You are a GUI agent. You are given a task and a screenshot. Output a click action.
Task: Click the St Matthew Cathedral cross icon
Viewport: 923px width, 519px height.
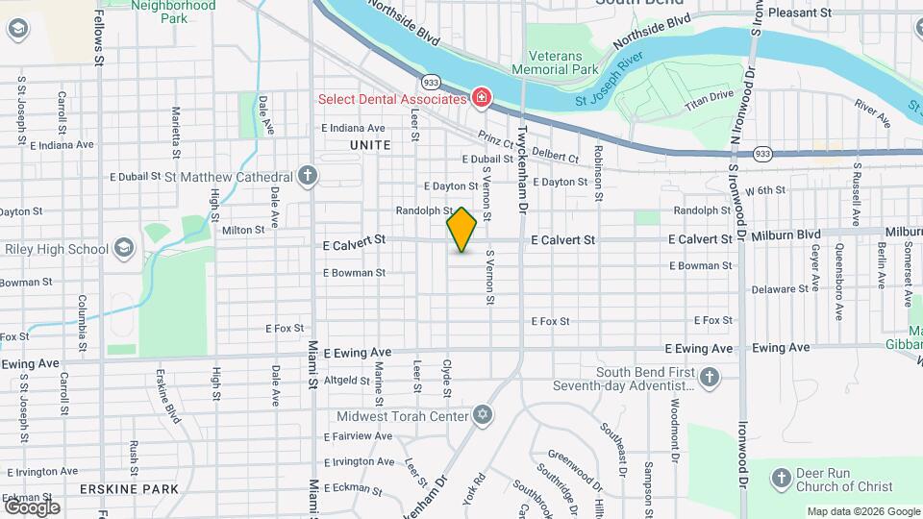tap(307, 177)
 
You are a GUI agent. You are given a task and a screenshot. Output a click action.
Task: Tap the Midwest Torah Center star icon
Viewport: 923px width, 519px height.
tap(483, 416)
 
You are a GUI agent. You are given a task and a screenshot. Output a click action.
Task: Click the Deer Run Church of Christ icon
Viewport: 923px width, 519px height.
tap(782, 478)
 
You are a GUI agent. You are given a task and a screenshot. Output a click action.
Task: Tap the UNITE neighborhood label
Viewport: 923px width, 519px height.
tap(370, 145)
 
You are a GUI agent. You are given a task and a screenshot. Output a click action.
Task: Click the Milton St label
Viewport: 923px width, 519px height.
tap(242, 230)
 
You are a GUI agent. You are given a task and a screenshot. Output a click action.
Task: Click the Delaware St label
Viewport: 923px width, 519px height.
tap(779, 288)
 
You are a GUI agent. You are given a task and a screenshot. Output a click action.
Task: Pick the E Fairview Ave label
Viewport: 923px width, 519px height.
tap(359, 436)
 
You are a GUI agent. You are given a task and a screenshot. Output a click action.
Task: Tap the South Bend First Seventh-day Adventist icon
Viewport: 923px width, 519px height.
tap(711, 376)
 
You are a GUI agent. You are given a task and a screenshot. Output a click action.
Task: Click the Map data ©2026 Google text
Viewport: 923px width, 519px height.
tap(862, 511)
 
